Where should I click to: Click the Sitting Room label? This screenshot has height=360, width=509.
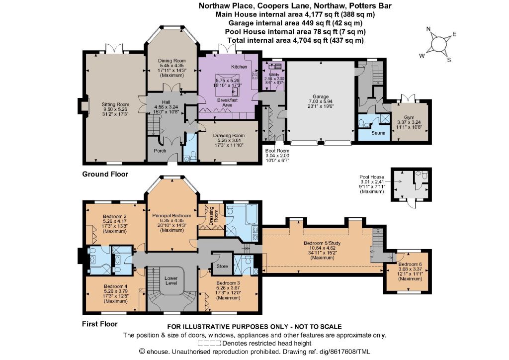115,104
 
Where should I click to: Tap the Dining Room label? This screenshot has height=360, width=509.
172,61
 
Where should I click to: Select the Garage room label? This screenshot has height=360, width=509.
321,96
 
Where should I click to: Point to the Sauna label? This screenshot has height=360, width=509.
378,133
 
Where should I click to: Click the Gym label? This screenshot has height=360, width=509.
409,117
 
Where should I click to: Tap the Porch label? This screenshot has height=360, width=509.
160,151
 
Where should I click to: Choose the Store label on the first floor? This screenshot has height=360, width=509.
222,266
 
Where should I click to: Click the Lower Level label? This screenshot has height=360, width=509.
171,280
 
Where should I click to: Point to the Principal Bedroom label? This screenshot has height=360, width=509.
171,215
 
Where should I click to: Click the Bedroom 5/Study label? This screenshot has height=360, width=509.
322,243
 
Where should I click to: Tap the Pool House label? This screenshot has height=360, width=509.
372,177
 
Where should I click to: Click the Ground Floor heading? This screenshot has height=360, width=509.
105,174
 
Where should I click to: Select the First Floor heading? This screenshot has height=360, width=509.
99,324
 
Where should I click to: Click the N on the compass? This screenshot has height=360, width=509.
428,29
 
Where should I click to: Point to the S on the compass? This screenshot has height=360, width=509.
449,60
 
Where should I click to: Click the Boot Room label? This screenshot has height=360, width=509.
277,151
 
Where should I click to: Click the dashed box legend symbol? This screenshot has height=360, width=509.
209,344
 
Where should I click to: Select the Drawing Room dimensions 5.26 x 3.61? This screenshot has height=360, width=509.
229,140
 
